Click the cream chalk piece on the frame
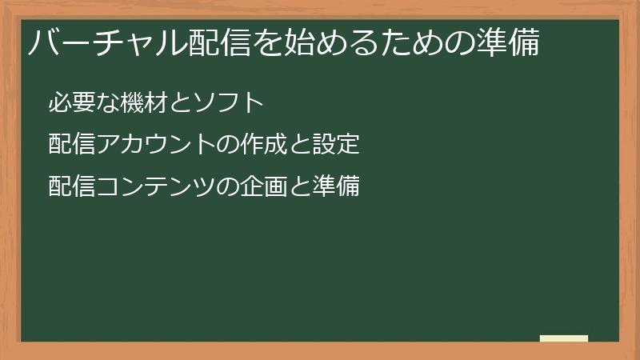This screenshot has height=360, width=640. pos(564,338)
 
